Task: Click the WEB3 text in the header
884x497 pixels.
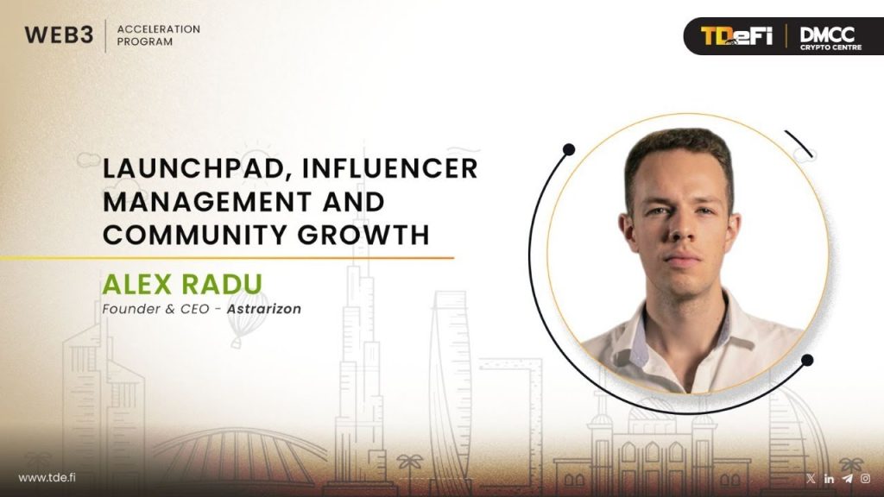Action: pos(59,35)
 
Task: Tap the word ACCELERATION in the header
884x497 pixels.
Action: pos(159,28)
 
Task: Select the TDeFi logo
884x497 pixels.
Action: pos(736,36)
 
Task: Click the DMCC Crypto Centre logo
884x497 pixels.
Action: pos(830,38)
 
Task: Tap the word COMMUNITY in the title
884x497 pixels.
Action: pos(194,235)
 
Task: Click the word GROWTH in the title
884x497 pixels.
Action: pos(363,235)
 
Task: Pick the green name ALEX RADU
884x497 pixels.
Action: pos(182,285)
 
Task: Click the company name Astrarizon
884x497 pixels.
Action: pos(264,309)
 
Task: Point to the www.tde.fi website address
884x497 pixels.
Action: pos(47,478)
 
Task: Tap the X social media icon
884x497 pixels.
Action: pos(811,478)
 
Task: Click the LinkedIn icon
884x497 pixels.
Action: pos(829,478)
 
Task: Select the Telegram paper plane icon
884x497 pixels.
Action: pos(848,478)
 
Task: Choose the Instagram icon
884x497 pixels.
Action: pos(865,478)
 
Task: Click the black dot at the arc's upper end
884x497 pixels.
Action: pos(569,149)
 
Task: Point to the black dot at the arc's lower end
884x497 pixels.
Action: pos(807,360)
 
